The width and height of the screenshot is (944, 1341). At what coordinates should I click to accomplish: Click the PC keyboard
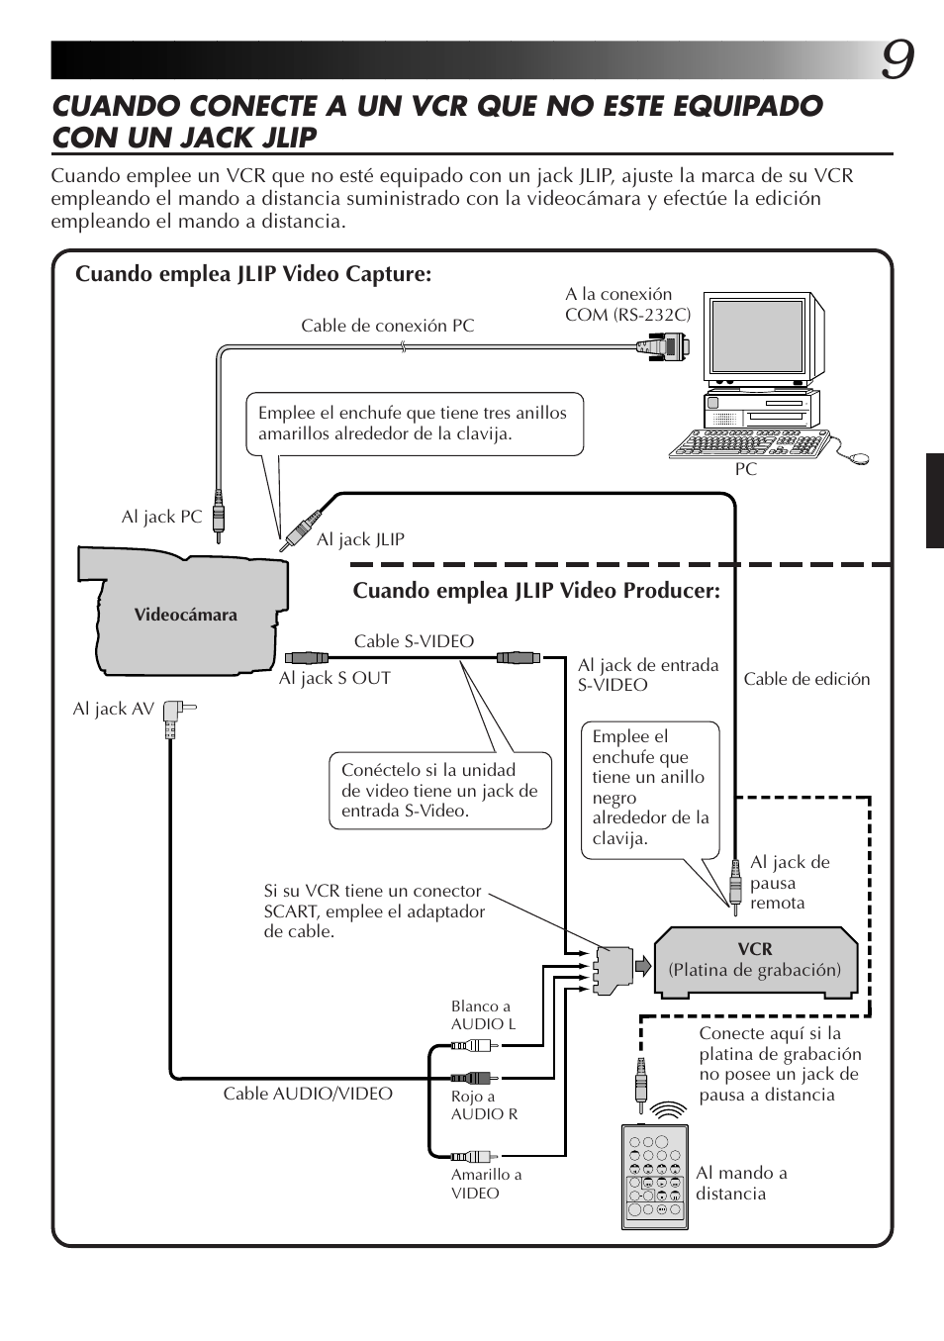click(x=748, y=446)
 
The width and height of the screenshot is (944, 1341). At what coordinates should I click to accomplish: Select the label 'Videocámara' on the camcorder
click(x=186, y=615)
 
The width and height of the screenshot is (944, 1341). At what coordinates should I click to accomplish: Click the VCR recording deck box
click(x=754, y=959)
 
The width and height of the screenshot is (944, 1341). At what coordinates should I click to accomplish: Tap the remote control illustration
click(x=650, y=1176)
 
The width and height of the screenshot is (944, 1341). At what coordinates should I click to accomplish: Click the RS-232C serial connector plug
click(x=663, y=345)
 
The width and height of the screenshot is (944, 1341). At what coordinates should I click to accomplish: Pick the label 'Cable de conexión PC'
click(x=387, y=326)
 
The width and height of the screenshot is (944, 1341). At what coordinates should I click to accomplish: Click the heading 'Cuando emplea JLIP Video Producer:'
click(x=536, y=591)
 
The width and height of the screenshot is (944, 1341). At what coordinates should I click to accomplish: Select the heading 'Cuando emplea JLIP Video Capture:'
click(x=253, y=273)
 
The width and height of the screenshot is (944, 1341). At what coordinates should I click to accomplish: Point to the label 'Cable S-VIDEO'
click(x=414, y=641)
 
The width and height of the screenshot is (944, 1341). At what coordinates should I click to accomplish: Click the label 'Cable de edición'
click(x=806, y=679)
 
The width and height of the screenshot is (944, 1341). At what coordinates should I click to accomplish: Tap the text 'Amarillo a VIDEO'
click(x=486, y=1184)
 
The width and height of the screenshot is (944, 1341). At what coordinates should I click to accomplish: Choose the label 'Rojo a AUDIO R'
click(x=484, y=1104)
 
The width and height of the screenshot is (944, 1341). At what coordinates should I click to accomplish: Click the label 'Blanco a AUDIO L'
click(x=483, y=1015)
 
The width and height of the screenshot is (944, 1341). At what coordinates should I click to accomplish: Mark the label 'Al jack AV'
click(x=113, y=709)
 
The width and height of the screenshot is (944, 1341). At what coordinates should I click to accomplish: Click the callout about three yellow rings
click(x=413, y=424)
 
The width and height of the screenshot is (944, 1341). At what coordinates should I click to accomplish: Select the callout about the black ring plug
click(x=650, y=787)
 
